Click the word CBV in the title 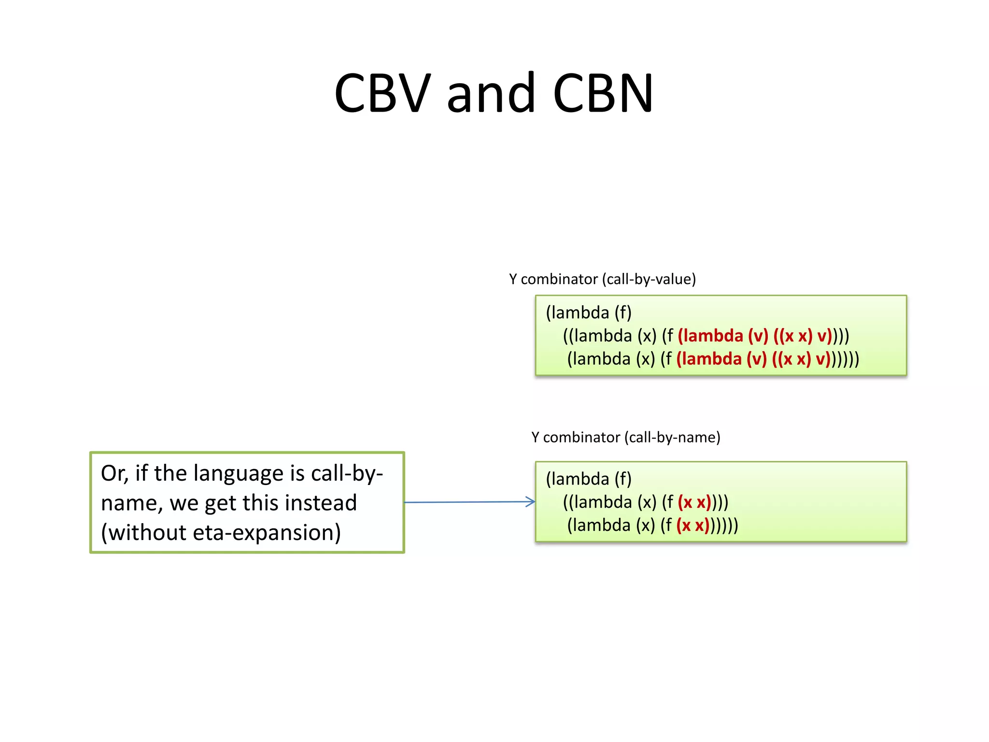(382, 93)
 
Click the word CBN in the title (603, 93)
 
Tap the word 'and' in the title (491, 93)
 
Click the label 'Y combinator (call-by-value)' (602, 279)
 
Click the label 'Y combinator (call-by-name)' (625, 437)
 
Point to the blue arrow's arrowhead (531, 501)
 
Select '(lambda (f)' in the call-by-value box (588, 313)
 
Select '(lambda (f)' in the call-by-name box (588, 479)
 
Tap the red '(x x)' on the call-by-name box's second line (694, 502)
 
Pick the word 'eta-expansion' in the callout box (267, 533)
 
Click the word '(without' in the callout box (143, 533)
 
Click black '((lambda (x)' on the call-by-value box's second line (609, 336)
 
